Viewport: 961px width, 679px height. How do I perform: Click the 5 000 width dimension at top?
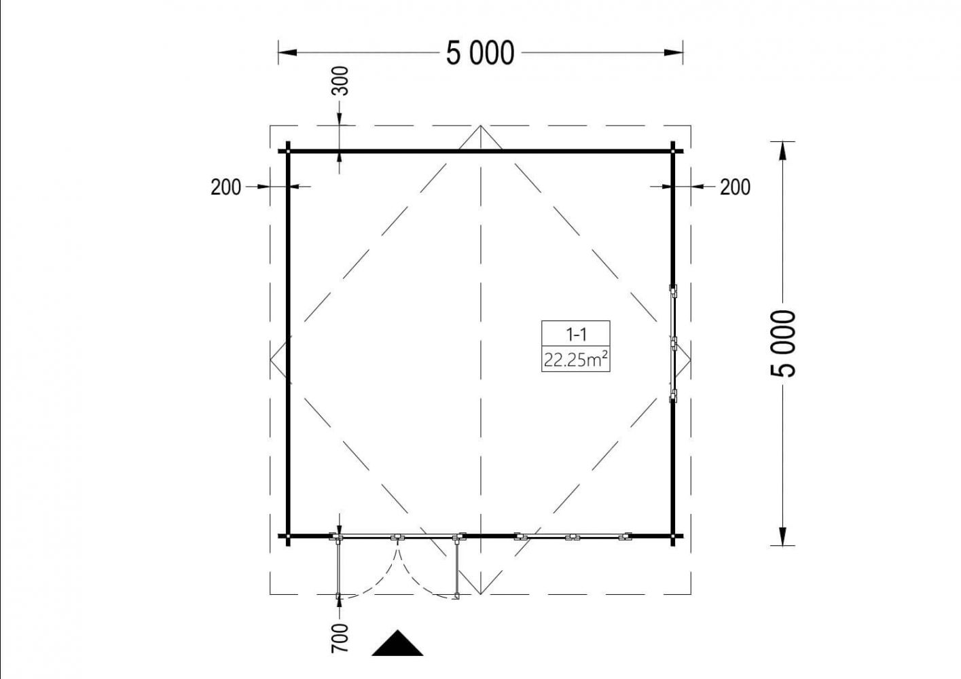point(480,53)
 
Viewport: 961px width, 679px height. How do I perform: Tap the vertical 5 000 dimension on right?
point(783,343)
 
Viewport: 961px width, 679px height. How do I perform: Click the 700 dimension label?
point(340,638)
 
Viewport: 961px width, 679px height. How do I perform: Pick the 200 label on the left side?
point(225,187)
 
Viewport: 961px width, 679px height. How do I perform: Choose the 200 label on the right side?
point(735,187)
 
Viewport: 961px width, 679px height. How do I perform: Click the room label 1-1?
point(576,334)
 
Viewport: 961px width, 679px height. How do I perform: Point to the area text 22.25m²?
point(576,359)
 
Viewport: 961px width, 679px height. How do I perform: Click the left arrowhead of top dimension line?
point(287,53)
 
